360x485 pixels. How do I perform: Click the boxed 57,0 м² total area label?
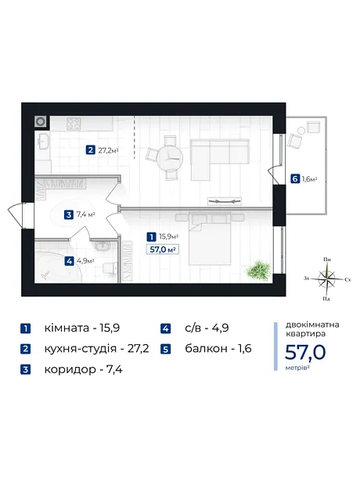click(x=163, y=249)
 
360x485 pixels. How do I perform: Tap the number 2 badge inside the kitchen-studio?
click(x=90, y=150)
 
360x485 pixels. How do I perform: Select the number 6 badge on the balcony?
click(x=295, y=179)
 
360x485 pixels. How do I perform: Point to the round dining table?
click(x=170, y=158)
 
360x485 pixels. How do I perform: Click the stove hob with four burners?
click(x=74, y=124)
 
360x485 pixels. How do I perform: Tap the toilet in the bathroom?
click(x=110, y=268)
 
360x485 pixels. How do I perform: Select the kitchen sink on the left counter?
click(x=43, y=142)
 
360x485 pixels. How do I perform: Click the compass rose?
click(x=327, y=278)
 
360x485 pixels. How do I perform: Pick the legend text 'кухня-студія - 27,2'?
click(x=96, y=349)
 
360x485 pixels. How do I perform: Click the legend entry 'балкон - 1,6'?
click(x=218, y=349)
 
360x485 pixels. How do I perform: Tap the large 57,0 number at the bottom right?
click(x=305, y=352)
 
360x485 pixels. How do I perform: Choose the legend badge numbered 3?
click(x=25, y=370)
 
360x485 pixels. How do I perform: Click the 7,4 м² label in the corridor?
click(x=86, y=214)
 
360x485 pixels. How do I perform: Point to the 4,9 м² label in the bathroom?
click(x=85, y=261)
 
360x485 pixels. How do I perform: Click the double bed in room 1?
click(x=210, y=238)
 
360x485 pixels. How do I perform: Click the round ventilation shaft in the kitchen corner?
click(x=41, y=122)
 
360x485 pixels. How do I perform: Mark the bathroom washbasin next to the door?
click(x=103, y=246)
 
